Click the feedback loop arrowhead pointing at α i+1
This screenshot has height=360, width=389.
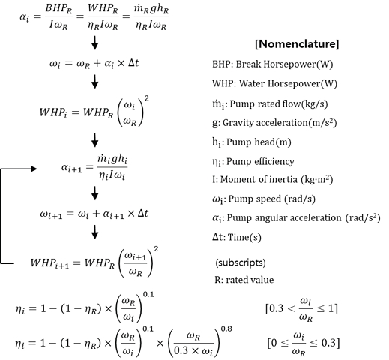[x=35, y=170]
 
